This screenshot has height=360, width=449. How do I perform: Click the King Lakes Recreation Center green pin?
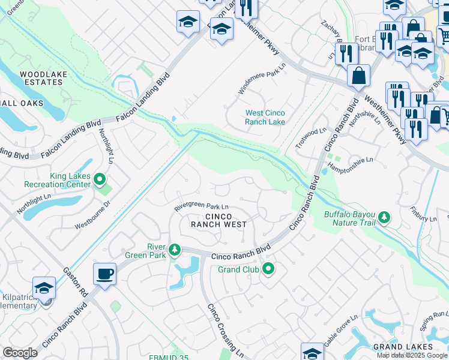pyautogui.click(x=100, y=179)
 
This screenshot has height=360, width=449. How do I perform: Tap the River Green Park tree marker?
pyautogui.click(x=174, y=249)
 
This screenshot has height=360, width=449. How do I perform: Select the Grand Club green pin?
pyautogui.click(x=268, y=269)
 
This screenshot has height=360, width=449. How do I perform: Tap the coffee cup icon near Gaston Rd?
pyautogui.click(x=105, y=274)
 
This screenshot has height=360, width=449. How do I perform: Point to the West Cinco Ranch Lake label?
pyautogui.click(x=265, y=117)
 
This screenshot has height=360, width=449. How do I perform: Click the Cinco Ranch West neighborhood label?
pyautogui.click(x=218, y=220)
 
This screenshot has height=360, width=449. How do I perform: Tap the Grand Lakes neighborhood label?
pyautogui.click(x=403, y=347)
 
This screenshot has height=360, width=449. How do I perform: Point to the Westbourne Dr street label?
pyautogui.click(x=92, y=217)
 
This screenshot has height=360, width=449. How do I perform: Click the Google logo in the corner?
pyautogui.click(x=20, y=353)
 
